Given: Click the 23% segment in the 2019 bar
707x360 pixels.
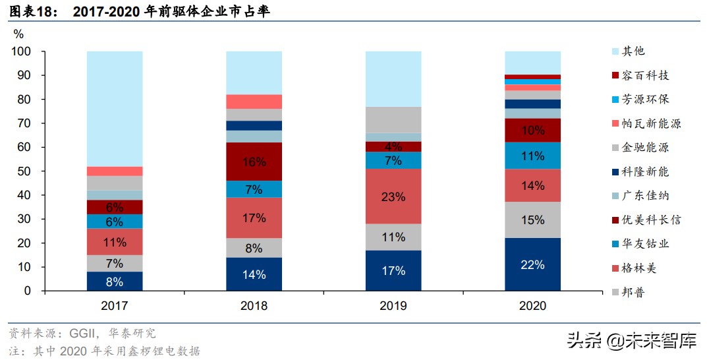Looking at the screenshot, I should (393, 196).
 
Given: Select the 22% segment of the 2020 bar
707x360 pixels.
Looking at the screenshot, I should (532, 264).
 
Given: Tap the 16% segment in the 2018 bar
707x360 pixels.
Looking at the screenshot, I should (254, 162).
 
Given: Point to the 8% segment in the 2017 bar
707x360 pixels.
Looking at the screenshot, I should (115, 282).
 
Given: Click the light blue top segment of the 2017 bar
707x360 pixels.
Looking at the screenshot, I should (115, 109).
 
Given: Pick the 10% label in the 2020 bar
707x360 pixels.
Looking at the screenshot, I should (532, 131).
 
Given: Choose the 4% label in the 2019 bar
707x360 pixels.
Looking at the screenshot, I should (393, 147).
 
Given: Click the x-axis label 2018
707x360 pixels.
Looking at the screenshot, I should (254, 306).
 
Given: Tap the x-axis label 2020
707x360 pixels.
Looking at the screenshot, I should (532, 306).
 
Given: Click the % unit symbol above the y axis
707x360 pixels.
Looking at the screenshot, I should (18, 34).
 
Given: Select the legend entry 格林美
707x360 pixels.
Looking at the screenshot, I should (638, 268).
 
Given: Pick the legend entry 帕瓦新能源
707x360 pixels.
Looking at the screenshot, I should (650, 123).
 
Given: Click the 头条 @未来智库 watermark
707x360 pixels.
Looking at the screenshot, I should (632, 341).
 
